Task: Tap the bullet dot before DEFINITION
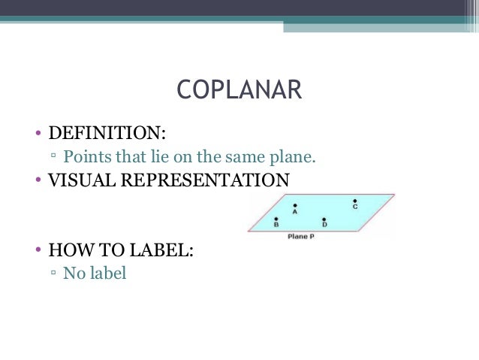36,135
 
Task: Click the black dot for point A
295,204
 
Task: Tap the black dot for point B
277,217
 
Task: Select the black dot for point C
354,201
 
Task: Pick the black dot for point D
324,218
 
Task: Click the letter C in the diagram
354,207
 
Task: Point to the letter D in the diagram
324,225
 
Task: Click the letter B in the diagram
276,224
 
